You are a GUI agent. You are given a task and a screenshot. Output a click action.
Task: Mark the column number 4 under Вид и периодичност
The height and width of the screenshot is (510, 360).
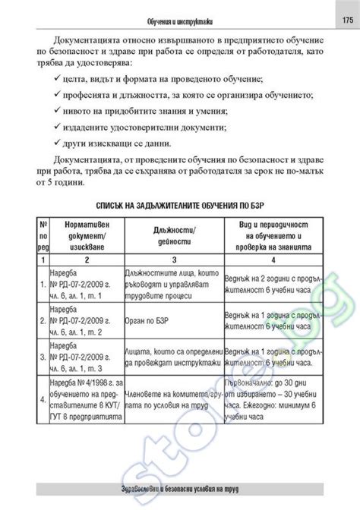279,260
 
